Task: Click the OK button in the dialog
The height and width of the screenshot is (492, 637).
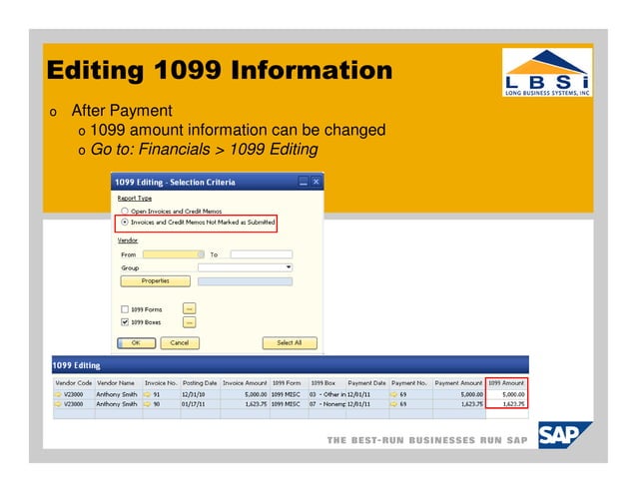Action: pos(137,343)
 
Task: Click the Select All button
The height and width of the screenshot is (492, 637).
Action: pos(290,343)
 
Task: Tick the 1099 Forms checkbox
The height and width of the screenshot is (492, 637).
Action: pos(125,308)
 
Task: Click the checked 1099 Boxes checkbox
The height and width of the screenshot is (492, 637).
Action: pos(125,322)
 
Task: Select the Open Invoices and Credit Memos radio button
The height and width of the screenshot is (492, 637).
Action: pos(125,212)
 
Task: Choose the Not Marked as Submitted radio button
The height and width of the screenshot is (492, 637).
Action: pos(125,223)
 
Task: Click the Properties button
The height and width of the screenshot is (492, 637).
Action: pos(155,281)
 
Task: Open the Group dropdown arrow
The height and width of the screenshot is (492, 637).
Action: pos(289,267)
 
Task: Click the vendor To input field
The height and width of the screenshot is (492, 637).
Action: pos(261,254)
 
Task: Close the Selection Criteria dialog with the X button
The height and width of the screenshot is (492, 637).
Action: pos(317,182)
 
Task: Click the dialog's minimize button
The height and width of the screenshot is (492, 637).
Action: pos(304,182)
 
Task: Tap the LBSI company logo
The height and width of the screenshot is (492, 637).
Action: pos(545,72)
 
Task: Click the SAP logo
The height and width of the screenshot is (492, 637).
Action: pos(564,436)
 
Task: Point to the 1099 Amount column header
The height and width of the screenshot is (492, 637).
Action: pos(507,383)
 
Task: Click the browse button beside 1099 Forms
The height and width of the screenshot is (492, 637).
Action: pos(189,308)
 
